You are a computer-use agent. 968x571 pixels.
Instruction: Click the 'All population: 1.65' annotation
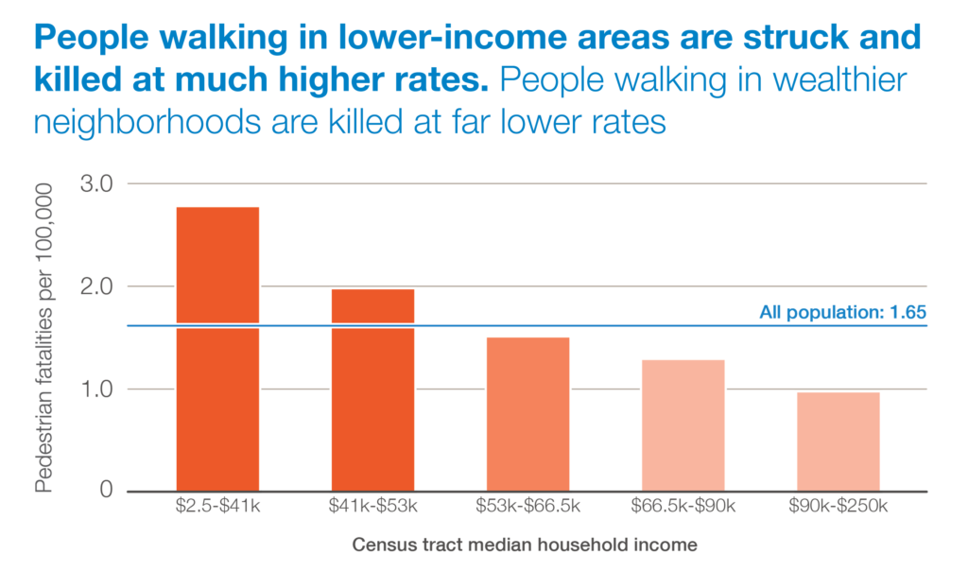pos(841,311)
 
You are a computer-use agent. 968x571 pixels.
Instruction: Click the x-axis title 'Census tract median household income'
pos(525,545)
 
